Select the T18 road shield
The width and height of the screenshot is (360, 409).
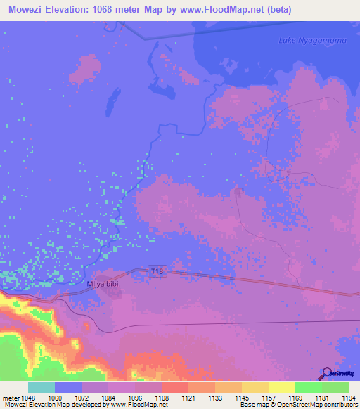(157, 271)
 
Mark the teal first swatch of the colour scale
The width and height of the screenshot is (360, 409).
(41, 387)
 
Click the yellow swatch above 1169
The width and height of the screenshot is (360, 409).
(281, 387)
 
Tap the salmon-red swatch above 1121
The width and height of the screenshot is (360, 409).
(174, 387)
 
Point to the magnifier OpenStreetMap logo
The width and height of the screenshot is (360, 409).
(328, 373)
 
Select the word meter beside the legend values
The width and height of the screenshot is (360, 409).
(12, 397)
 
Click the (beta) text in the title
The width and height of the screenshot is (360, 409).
(277, 10)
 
